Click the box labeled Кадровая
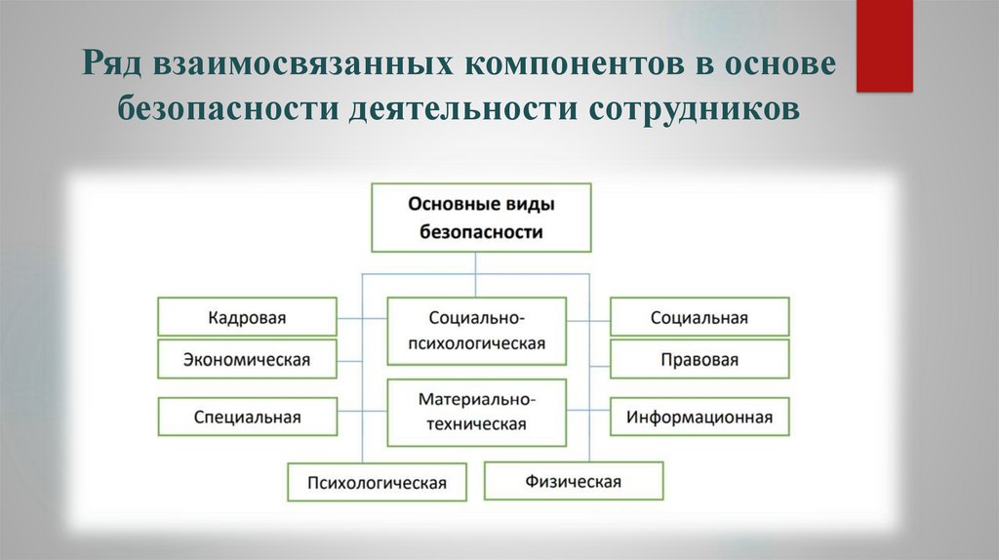(x=248, y=318)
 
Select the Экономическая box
(x=248, y=359)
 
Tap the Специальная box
(x=248, y=417)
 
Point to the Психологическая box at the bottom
(x=377, y=482)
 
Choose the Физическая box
(x=574, y=481)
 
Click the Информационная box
(x=699, y=417)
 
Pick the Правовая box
(x=699, y=359)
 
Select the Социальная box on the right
(x=699, y=318)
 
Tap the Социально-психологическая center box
(x=477, y=331)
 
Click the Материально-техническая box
(x=477, y=412)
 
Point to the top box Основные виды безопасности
(x=481, y=218)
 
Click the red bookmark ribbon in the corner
(x=884, y=44)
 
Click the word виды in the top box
(x=528, y=205)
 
